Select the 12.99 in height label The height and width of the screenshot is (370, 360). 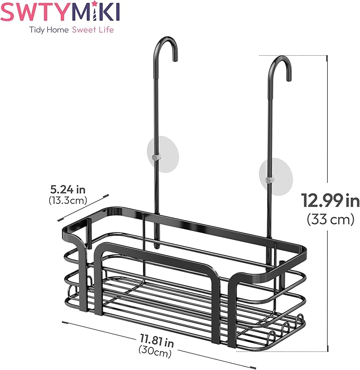[x=330, y=201]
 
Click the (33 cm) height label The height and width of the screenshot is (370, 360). [x=330, y=219]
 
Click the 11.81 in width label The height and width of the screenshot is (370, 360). [x=157, y=339]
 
